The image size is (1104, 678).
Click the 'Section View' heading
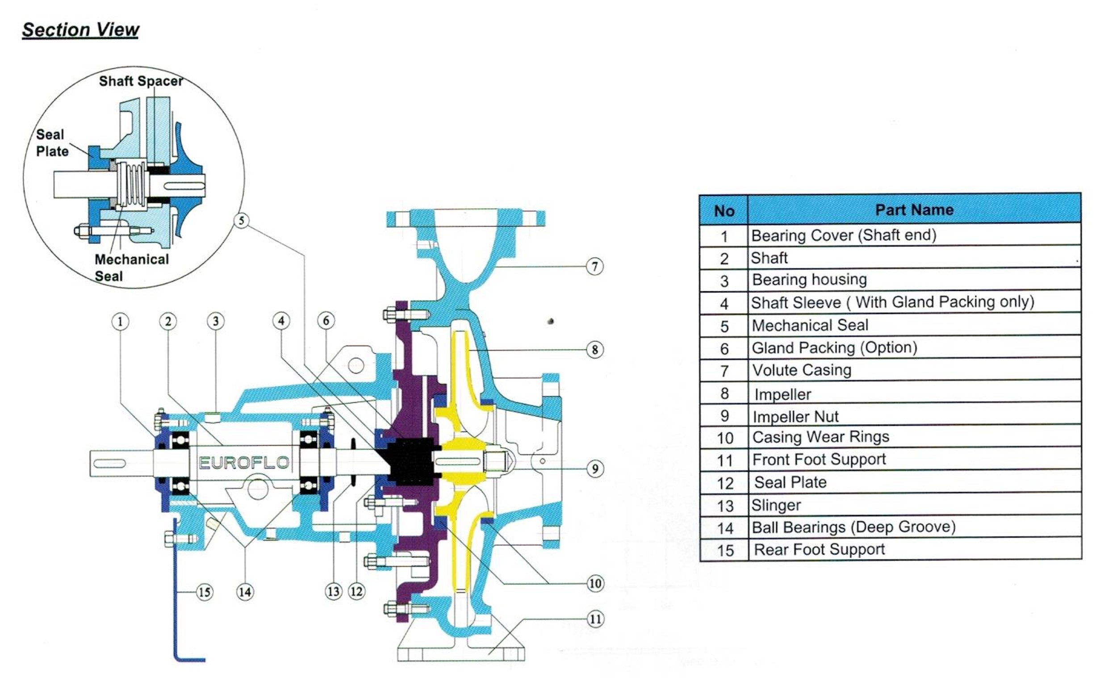[x=81, y=30]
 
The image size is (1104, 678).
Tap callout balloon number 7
[x=595, y=266]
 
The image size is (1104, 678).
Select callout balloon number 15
[x=205, y=592]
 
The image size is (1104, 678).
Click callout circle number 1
[x=120, y=321]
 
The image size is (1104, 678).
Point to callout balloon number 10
[x=595, y=583]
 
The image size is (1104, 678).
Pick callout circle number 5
[x=242, y=220]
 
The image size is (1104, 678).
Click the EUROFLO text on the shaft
[x=244, y=462]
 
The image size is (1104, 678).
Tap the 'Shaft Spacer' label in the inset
[x=141, y=81]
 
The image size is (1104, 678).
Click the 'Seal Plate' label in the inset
[x=52, y=142]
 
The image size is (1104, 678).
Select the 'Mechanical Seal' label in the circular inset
[x=131, y=267]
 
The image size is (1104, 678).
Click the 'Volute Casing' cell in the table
[x=802, y=370]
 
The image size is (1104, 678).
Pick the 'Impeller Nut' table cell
[x=795, y=417]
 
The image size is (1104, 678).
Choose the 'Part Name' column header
[x=914, y=210]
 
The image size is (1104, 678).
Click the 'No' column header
[x=723, y=210]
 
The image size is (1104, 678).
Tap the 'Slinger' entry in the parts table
[x=776, y=505]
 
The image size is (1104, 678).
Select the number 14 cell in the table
[x=724, y=528]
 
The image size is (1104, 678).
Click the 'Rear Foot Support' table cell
[x=819, y=549]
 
